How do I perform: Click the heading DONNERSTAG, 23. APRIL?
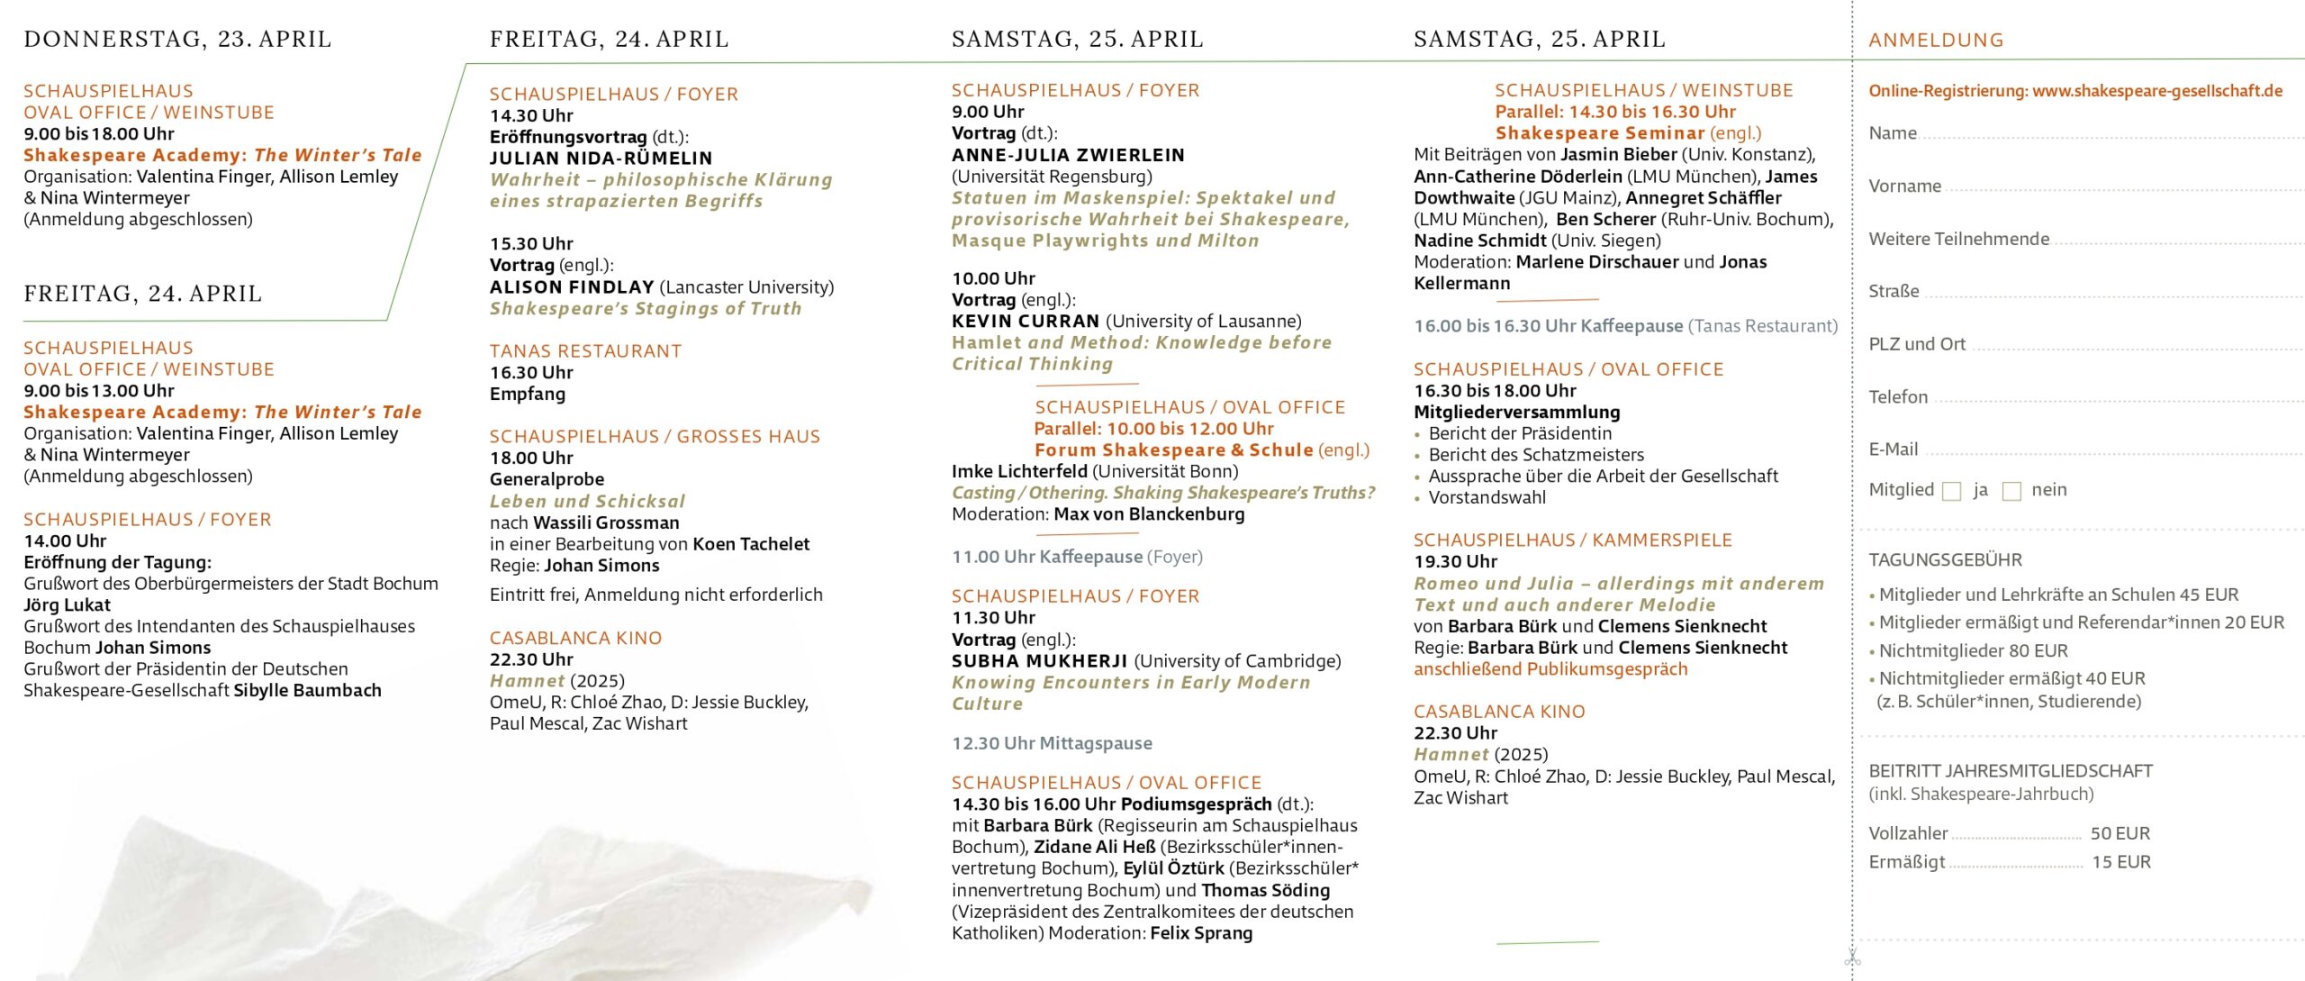[x=177, y=40]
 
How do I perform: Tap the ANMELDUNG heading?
[x=1936, y=41]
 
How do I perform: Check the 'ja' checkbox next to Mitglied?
[x=1952, y=491]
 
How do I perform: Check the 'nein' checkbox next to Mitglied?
[x=2011, y=491]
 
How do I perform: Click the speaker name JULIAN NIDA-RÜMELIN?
[x=601, y=159]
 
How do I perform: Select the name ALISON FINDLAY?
[x=572, y=287]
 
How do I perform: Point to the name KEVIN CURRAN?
[x=1026, y=322]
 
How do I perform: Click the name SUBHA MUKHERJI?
[x=1039, y=661]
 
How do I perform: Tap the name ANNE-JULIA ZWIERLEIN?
[x=1068, y=155]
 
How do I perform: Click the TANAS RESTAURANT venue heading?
[x=585, y=351]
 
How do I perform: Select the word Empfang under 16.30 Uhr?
[x=528, y=395]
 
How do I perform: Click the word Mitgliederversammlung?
[x=1516, y=413]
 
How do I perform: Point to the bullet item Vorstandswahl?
[x=1487, y=498]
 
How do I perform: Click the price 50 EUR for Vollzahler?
[x=2120, y=834]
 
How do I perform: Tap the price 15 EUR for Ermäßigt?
[x=2120, y=863]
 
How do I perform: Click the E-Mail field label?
[x=1894, y=450]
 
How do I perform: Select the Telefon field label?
[x=1898, y=397]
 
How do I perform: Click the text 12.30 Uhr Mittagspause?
[x=1052, y=744]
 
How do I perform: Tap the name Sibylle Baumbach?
[x=307, y=691]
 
